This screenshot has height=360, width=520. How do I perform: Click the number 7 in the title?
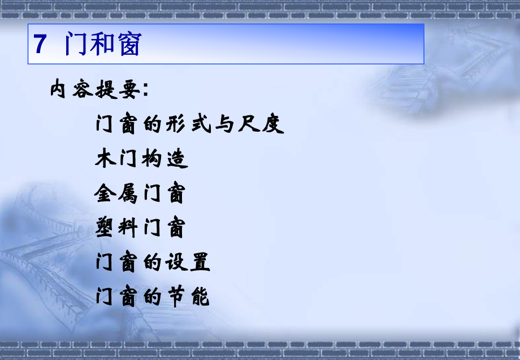[40, 45]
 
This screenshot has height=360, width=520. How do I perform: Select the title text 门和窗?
[102, 45]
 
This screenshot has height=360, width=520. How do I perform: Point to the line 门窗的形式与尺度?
[190, 124]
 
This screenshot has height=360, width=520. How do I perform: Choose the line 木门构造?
[141, 160]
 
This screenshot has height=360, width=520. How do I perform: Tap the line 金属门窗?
[140, 195]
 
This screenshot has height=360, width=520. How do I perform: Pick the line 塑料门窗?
[140, 229]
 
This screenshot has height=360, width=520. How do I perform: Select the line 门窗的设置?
[153, 263]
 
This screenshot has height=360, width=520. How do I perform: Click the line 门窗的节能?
[153, 297]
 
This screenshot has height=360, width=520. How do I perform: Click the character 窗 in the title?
[128, 45]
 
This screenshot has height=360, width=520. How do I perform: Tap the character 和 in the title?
[102, 45]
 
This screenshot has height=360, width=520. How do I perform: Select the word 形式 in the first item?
[190, 124]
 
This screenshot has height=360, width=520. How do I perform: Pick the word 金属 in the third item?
[117, 195]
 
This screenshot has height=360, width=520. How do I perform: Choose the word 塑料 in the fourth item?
[117, 229]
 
